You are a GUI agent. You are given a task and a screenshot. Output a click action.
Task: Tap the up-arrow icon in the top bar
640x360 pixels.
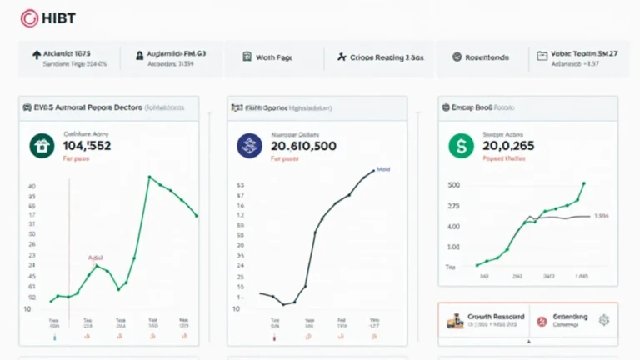(37, 56)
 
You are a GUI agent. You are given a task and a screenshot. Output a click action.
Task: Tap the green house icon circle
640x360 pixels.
(40, 146)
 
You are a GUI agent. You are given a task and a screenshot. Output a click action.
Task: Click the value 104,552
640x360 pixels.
(87, 146)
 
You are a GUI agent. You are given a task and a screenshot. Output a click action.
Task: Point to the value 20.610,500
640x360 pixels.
(303, 146)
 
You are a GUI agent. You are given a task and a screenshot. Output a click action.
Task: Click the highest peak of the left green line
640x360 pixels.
(149, 177)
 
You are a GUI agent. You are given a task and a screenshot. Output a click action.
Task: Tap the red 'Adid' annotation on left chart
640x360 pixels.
(94, 257)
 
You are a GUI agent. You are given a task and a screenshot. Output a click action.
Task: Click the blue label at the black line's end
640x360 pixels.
(383, 168)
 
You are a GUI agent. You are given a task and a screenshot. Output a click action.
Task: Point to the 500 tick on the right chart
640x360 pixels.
(454, 185)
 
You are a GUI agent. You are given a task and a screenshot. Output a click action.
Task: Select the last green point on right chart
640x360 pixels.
(584, 183)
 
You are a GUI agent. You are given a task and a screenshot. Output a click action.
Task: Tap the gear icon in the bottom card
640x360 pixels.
(604, 319)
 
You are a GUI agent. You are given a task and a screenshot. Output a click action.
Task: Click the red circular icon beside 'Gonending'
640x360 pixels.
(541, 319)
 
